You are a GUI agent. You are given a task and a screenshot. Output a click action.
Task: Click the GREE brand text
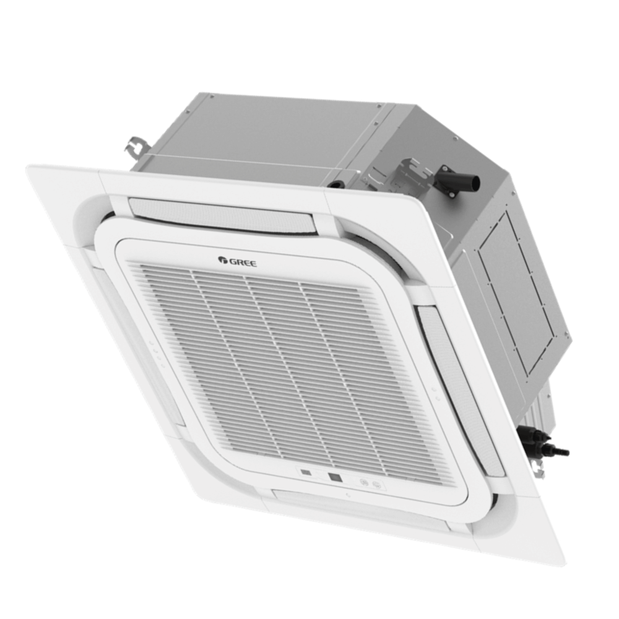[x=242, y=261]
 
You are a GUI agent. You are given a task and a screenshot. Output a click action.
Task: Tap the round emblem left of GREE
[x=221, y=259]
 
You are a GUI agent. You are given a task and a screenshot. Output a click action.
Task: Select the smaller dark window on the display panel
[x=306, y=472]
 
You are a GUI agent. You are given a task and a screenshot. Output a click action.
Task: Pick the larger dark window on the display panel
[x=335, y=477]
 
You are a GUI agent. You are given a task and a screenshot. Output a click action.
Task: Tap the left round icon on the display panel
[x=365, y=482]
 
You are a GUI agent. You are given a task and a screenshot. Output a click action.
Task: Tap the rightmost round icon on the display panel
[x=376, y=484]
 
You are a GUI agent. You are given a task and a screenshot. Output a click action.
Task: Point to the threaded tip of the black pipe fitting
[x=565, y=451]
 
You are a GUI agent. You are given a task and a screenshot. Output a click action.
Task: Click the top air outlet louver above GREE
[x=222, y=214]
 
